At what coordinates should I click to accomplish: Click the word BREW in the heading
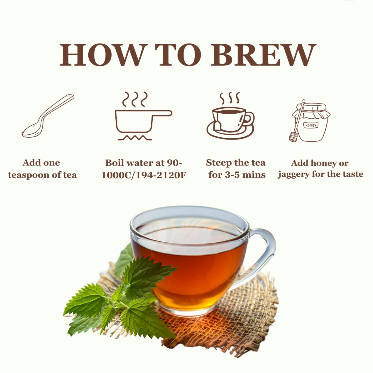(263, 55)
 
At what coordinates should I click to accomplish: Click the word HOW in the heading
(102, 55)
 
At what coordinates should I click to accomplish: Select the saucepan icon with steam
(143, 116)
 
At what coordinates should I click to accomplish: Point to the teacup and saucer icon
(230, 116)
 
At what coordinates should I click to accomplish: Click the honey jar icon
(310, 121)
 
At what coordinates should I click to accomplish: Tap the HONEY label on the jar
(311, 125)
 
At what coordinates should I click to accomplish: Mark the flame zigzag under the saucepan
(135, 138)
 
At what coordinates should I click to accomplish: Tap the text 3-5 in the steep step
(231, 175)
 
